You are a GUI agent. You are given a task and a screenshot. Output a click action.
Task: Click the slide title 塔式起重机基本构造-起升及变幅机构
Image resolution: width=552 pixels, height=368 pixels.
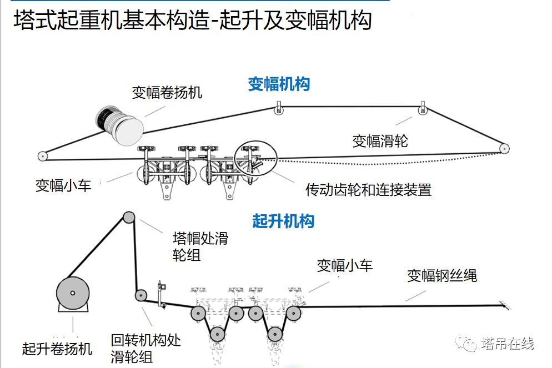(x=192, y=21)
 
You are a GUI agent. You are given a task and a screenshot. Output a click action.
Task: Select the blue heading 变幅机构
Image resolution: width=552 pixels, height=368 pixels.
(x=278, y=84)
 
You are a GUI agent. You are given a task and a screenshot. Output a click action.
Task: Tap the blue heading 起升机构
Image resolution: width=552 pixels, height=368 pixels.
(x=283, y=221)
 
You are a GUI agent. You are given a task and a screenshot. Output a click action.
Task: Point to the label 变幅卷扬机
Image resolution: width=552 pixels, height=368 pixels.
(x=167, y=92)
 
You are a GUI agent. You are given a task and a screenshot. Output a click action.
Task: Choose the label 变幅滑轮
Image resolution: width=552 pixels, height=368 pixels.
(x=380, y=140)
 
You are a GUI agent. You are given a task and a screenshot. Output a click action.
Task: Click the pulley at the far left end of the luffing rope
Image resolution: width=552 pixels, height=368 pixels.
(x=42, y=156)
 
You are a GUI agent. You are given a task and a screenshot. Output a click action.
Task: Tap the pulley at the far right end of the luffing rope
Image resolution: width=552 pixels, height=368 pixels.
(x=504, y=149)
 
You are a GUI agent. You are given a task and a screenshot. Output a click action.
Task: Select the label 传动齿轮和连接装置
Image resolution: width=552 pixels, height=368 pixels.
(x=368, y=190)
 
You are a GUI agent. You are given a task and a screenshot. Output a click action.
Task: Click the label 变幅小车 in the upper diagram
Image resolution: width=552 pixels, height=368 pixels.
(x=63, y=185)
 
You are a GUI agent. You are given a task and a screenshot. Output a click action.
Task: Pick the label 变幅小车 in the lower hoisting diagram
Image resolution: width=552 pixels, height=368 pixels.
(x=344, y=265)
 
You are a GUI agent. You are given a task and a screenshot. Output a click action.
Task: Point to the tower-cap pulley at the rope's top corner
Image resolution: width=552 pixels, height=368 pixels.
(x=129, y=217)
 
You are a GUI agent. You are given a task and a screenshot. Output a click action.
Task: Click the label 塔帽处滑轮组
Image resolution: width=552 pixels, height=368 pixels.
(x=200, y=246)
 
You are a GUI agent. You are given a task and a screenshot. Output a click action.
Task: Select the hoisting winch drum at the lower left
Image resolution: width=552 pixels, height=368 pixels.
(x=73, y=294)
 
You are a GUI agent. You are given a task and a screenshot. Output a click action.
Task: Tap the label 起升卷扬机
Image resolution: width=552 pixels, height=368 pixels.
(x=57, y=349)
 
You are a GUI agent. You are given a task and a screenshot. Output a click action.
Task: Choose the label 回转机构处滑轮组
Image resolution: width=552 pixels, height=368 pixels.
(x=145, y=348)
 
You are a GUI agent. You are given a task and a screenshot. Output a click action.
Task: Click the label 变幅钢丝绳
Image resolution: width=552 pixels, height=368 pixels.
(x=441, y=275)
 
